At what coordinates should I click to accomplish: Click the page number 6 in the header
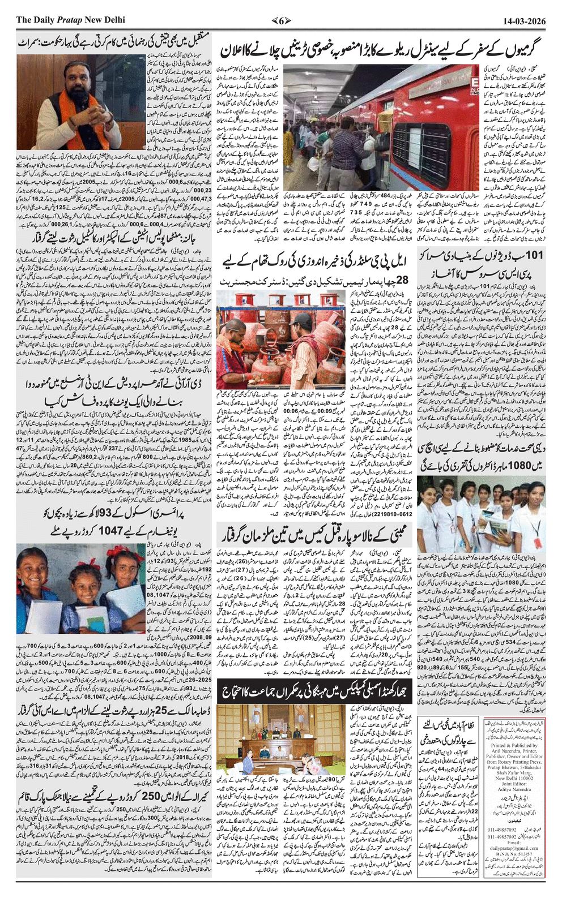tap(281, 20)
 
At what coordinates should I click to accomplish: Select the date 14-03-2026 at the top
tap(524, 20)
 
